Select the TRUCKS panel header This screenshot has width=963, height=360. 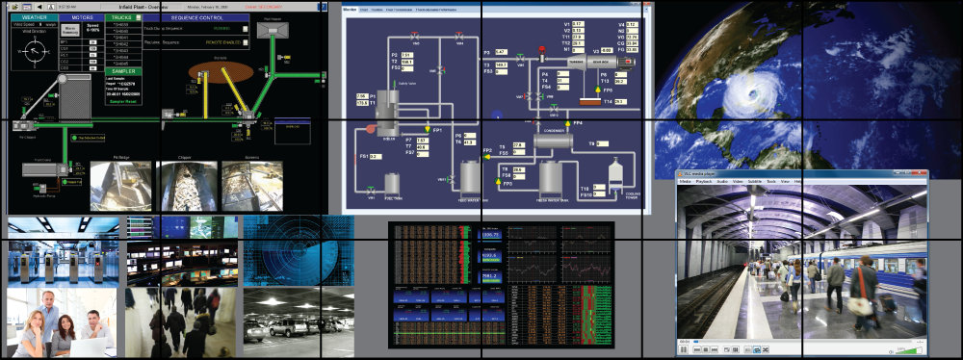(120, 16)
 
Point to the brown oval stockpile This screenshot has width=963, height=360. (214, 71)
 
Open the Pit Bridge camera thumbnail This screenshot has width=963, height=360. (121, 184)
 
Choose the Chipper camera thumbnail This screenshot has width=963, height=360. (185, 184)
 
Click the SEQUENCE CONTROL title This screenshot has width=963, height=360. (196, 17)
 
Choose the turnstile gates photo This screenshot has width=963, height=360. (63, 261)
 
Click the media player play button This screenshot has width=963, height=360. (684, 350)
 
